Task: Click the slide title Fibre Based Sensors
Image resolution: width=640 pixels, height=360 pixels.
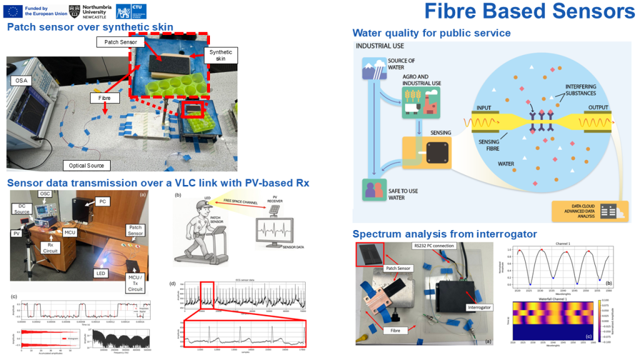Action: click(x=529, y=11)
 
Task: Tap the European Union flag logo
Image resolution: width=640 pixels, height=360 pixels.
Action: click(x=13, y=11)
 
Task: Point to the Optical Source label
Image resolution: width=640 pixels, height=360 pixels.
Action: click(x=86, y=165)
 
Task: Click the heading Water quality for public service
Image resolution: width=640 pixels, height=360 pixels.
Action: click(x=431, y=33)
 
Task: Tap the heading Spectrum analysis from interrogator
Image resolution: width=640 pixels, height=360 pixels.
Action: click(x=444, y=234)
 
